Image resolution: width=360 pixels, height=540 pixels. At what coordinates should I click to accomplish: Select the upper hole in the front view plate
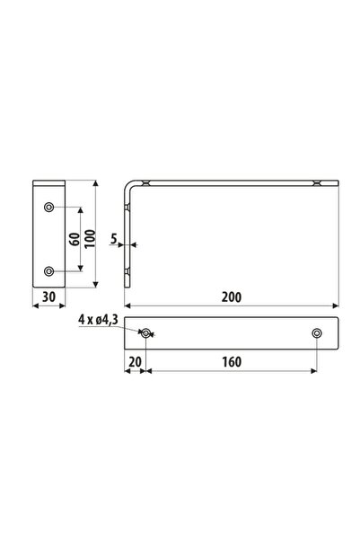(x=48, y=208)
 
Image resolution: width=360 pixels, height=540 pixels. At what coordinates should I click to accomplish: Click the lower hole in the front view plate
(x=48, y=270)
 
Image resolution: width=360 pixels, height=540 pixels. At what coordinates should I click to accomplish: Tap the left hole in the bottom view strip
(x=145, y=334)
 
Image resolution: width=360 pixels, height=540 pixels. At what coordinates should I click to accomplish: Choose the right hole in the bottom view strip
(x=316, y=334)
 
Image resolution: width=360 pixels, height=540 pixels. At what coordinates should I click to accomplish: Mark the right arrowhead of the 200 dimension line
(x=336, y=305)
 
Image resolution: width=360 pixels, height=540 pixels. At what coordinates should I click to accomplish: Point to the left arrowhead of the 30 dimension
(x=35, y=305)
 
